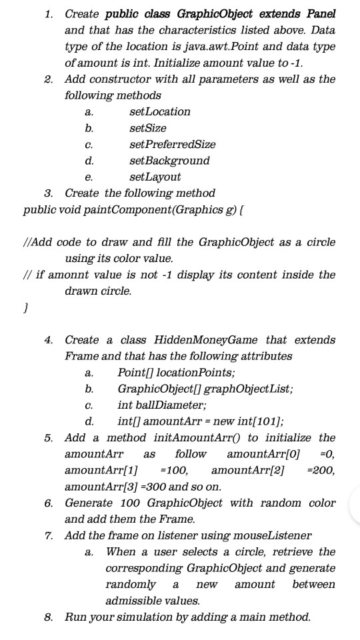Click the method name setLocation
tap(159, 111)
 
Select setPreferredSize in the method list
tap(172, 144)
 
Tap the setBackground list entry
tap(169, 161)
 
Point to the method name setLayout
tap(155, 177)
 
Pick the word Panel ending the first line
tap(321, 14)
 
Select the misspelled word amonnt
tap(74, 275)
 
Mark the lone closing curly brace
tap(25, 307)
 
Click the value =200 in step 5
tap(323, 470)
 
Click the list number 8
tap(49, 617)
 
